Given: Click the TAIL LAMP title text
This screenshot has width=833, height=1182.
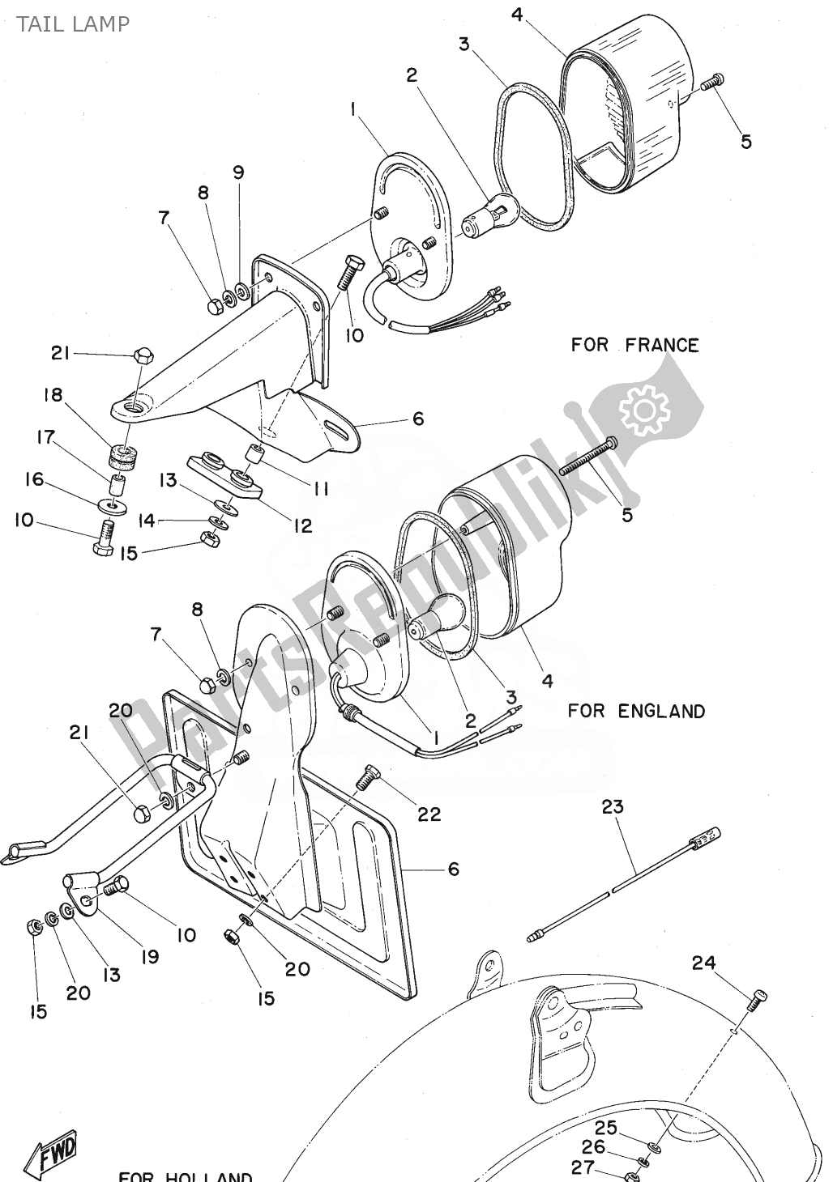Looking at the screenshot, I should click(x=70, y=23).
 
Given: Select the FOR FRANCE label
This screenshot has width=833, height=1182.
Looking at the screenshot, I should click(x=634, y=345).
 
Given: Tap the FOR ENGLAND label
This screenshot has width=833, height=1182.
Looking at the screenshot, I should click(x=636, y=711).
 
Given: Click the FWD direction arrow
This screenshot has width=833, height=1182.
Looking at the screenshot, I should click(x=53, y=1150).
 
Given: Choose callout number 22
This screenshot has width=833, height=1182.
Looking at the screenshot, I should click(x=429, y=814).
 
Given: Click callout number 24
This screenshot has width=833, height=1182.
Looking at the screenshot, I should click(x=704, y=963).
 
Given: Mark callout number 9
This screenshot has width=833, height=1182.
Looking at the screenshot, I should click(x=238, y=172).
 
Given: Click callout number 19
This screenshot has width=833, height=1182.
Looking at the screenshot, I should click(x=149, y=956).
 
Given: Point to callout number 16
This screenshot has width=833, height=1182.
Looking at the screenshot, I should click(x=34, y=479).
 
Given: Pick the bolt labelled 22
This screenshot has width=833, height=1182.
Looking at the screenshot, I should click(x=369, y=778).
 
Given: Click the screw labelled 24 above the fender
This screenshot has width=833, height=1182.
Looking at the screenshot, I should click(x=757, y=1001).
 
